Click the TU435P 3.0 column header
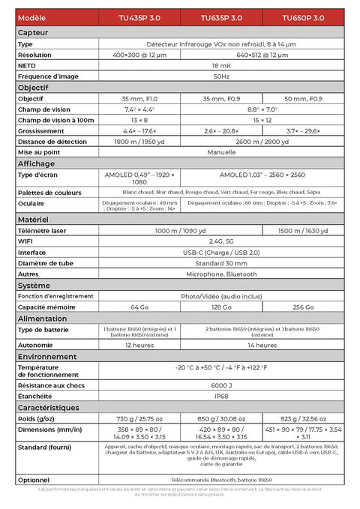pyautogui.click(x=140, y=17)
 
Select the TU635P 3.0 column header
pyautogui.click(x=221, y=17)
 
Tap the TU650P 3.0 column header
pyautogui.click(x=303, y=17)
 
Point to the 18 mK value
pyautogui.click(x=221, y=66)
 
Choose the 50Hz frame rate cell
pyautogui.click(x=221, y=76)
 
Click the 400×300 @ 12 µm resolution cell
pyautogui.click(x=139, y=55)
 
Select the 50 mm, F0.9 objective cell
pyautogui.click(x=303, y=99)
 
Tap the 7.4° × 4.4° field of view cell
pyautogui.click(x=139, y=109)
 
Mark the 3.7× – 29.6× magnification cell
pyautogui.click(x=303, y=130)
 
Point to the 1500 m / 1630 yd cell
pyautogui.click(x=303, y=231)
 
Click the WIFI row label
pyautogui.click(x=25, y=241)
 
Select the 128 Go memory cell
pyautogui.click(x=221, y=307)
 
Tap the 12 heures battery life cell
pyautogui.click(x=139, y=345)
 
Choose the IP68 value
pyautogui.click(x=221, y=396)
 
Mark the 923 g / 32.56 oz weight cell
pyautogui.click(x=303, y=418)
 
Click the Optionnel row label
pyautogui.click(x=34, y=479)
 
